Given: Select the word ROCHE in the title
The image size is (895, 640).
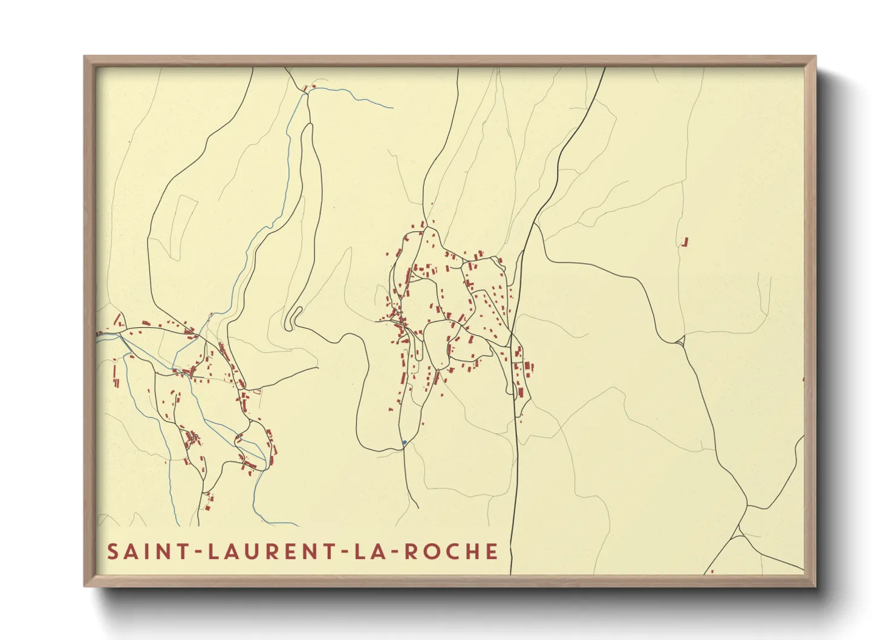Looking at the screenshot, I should [451, 552].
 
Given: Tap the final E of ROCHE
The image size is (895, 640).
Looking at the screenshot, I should [492, 552].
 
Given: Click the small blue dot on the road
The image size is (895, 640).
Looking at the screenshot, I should [404, 443].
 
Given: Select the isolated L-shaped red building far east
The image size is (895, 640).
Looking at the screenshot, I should [685, 242].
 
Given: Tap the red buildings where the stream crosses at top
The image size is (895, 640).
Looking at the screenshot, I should [308, 89].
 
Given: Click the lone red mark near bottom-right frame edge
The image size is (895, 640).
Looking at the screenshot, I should [712, 571].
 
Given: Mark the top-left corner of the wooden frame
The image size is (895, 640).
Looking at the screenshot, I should [85, 57].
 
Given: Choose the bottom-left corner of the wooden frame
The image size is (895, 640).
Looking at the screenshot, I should [85, 586].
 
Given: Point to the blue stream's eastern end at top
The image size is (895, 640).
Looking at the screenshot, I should [392, 108].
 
